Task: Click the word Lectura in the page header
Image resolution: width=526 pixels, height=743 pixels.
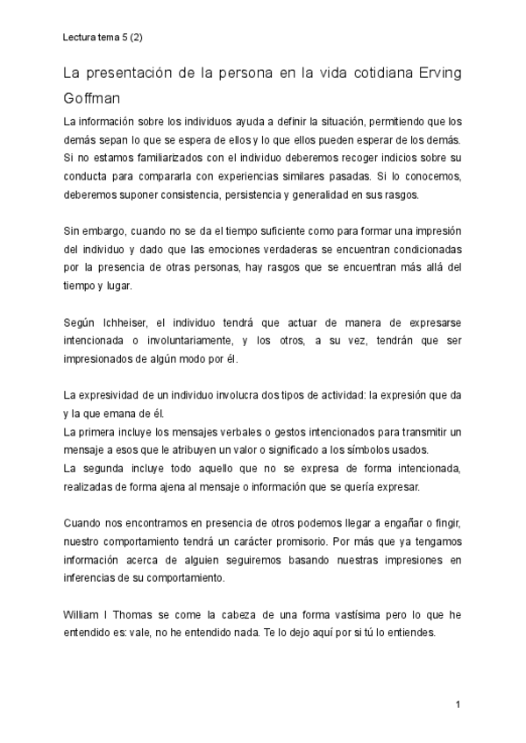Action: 79,38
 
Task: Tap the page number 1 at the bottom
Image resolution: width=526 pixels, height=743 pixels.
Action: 457,704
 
